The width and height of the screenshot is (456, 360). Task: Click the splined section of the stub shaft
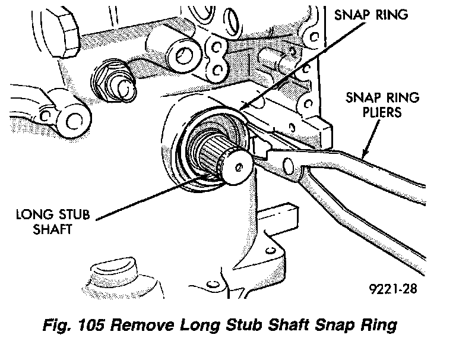[214, 157]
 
